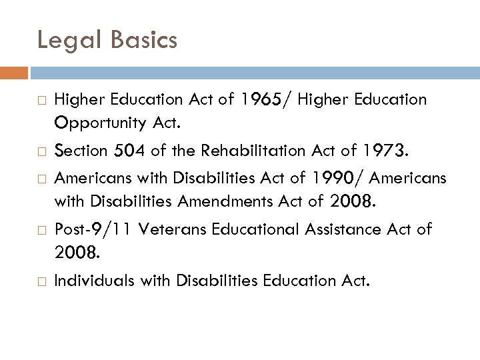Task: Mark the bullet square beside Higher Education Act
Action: [41, 100]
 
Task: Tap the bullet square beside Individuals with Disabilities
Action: [41, 281]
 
